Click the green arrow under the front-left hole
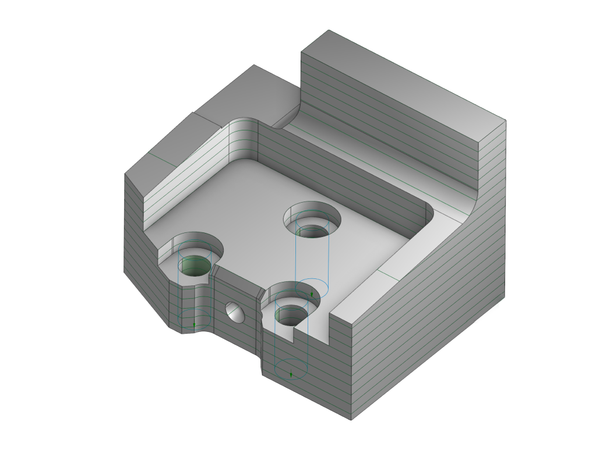[x=194, y=324]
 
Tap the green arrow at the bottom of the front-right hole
[x=291, y=374]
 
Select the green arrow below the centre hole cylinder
[x=312, y=295]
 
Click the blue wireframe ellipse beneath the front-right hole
[x=291, y=369]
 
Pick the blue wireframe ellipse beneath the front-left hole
[x=195, y=319]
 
